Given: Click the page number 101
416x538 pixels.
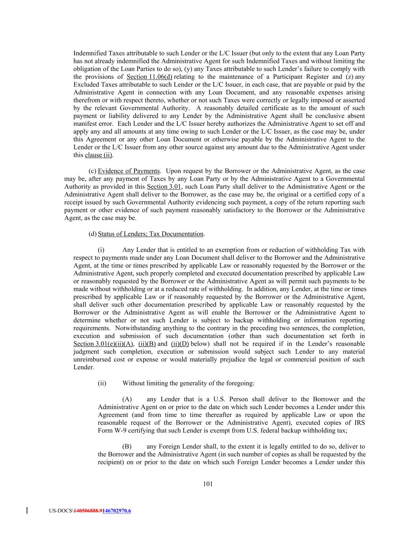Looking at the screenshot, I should coord(208,484).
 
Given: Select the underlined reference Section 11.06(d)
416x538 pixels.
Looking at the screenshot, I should coord(149,77).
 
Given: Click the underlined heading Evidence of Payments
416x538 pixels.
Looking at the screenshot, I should coord(129,171).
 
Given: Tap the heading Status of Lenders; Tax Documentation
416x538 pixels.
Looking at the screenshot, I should coord(151,234).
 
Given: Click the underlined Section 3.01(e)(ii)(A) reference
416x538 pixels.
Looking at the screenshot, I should coord(104,344).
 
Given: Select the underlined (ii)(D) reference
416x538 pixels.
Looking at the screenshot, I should coord(180,344).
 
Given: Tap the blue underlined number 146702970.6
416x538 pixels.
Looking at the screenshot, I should coord(116,511).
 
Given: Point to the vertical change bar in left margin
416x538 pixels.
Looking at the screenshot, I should coord(27,511).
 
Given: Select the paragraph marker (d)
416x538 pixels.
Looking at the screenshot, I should coord(93,234).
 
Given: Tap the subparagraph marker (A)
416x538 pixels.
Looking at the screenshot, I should coord(127,399).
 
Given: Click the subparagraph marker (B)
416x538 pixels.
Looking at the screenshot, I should coord(127,447).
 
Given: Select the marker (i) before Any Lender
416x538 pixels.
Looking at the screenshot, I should coord(101,250).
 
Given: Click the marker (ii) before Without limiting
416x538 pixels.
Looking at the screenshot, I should coord(102,383).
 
